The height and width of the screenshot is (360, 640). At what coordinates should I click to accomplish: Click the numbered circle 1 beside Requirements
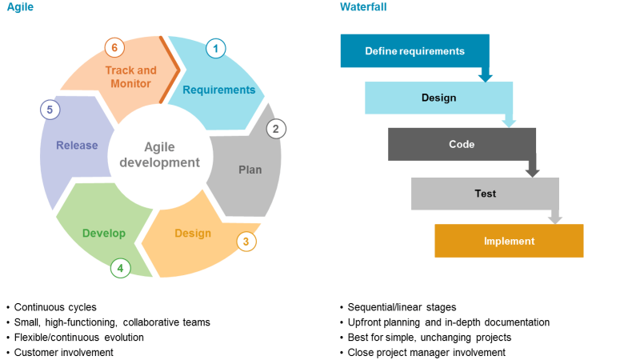pyautogui.click(x=214, y=48)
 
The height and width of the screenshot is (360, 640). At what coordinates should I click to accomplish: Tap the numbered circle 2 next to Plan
pyautogui.click(x=276, y=129)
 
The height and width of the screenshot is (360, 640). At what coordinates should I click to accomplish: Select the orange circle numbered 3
pyautogui.click(x=246, y=241)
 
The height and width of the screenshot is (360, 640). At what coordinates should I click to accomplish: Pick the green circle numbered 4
pyautogui.click(x=120, y=268)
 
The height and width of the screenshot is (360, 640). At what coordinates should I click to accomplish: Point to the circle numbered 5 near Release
pyautogui.click(x=50, y=110)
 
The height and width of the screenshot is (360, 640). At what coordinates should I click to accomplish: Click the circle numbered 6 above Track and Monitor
pyautogui.click(x=114, y=48)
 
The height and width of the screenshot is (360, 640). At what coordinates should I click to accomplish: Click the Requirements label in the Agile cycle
pyautogui.click(x=218, y=90)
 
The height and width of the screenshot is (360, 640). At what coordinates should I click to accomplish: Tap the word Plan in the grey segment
pyautogui.click(x=250, y=170)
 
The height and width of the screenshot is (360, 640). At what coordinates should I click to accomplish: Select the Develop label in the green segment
pyautogui.click(x=104, y=234)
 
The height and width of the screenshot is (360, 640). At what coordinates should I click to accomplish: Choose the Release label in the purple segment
pyautogui.click(x=77, y=146)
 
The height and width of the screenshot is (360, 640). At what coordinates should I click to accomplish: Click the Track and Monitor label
pyautogui.click(x=130, y=77)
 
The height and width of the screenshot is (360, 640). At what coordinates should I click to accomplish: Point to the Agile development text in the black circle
pyautogui.click(x=159, y=154)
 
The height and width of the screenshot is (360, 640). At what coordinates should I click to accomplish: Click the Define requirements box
pyautogui.click(x=414, y=51)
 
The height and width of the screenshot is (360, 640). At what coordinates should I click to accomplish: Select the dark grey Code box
pyautogui.click(x=462, y=145)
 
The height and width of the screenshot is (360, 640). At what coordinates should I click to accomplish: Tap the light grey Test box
pyautogui.click(x=485, y=194)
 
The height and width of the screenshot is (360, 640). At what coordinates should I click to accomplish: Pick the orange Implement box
pyautogui.click(x=509, y=241)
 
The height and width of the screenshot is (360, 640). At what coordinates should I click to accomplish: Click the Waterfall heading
pyautogui.click(x=363, y=7)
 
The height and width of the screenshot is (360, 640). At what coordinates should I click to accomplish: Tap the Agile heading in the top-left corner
pyautogui.click(x=22, y=7)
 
